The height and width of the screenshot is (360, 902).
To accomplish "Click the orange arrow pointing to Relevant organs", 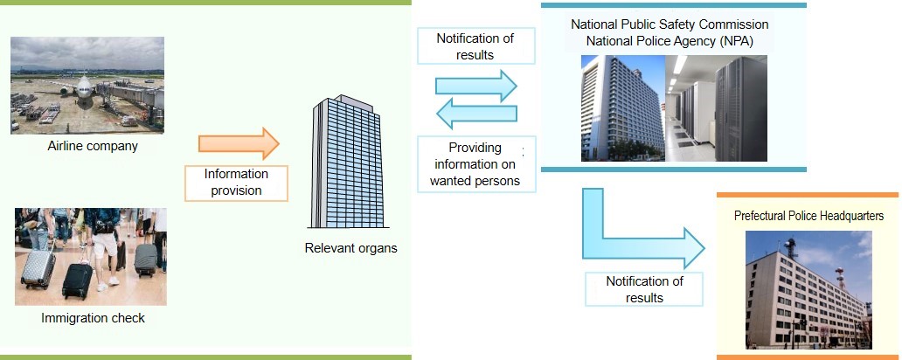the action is (239, 144).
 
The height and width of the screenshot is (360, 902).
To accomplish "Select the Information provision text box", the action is (236, 183).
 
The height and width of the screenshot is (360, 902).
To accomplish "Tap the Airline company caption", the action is (93, 146).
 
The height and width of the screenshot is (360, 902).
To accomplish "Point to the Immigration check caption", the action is (93, 317).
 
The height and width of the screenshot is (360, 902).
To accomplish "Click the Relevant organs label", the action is (350, 248).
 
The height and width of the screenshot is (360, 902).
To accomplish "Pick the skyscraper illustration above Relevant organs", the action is (346, 162).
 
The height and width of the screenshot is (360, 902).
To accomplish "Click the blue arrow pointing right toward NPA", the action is (476, 87).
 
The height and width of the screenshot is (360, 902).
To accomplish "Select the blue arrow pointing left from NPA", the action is (476, 114).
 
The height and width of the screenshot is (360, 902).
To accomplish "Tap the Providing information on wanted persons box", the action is (475, 164).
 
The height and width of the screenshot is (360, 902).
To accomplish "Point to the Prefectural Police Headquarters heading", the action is (808, 216).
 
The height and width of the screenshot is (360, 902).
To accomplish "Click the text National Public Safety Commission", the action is (670, 24).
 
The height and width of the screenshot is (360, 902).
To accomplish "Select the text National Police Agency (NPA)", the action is (670, 41).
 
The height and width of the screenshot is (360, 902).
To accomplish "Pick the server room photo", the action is (716, 108).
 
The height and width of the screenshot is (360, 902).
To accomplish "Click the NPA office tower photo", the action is (623, 108).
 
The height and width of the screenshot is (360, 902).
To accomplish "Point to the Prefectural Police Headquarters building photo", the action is (808, 290).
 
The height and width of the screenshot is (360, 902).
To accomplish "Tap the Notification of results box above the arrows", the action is (475, 46).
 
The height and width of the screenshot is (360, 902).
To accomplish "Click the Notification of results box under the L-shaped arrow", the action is (644, 289).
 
